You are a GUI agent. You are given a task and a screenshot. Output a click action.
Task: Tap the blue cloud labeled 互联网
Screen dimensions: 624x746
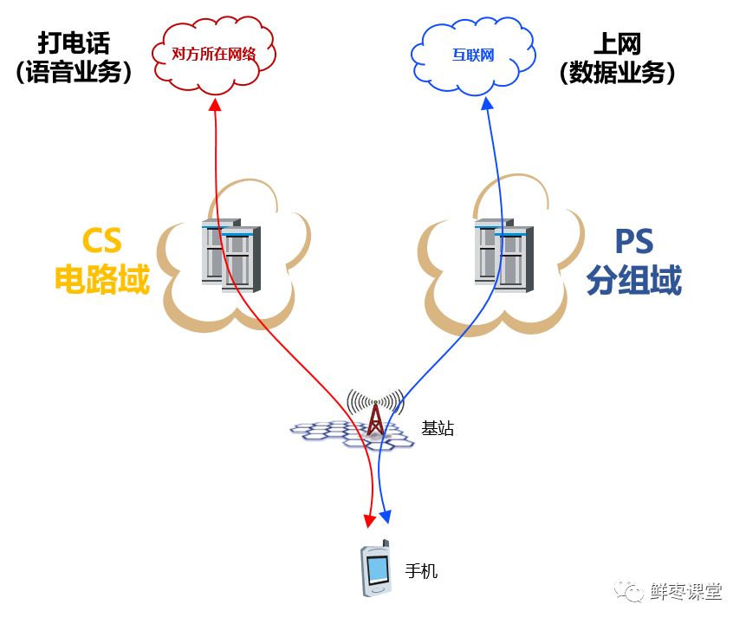click(x=472, y=54)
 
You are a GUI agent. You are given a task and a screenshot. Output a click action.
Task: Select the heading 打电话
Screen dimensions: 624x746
click(x=75, y=42)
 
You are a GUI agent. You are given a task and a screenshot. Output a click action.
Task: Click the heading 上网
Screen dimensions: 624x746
click(x=616, y=42)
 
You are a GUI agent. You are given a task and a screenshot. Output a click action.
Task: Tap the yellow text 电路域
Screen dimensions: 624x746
click(x=102, y=280)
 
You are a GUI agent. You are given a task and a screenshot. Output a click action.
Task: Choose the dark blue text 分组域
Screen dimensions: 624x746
click(x=633, y=280)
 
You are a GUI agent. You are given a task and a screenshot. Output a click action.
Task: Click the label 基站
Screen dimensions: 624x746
click(x=438, y=428)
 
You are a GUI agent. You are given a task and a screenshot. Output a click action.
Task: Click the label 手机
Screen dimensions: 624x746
click(x=422, y=571)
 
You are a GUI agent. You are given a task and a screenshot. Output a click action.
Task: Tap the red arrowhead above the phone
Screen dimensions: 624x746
click(x=369, y=520)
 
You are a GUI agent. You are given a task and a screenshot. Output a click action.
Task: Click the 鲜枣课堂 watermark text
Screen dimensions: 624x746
click(x=686, y=592)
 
